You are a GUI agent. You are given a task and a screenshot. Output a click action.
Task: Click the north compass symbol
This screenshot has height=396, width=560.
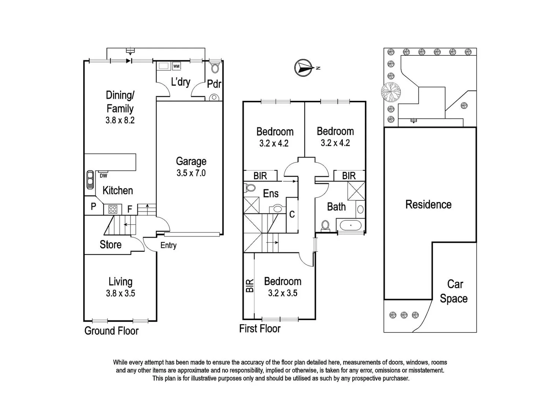(x=304, y=68)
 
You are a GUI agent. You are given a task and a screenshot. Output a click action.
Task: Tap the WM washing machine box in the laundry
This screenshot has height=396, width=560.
(x=176, y=66)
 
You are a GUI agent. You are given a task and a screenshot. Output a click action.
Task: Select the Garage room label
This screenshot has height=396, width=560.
(x=191, y=161)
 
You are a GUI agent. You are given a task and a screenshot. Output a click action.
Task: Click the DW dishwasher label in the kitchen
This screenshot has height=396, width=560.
(x=103, y=176)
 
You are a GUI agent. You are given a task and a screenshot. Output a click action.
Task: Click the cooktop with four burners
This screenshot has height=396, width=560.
(x=113, y=209)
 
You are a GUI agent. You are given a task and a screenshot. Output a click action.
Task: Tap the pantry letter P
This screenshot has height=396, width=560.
(x=93, y=206)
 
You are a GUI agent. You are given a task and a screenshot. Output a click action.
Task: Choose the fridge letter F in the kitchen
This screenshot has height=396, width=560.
(x=129, y=209)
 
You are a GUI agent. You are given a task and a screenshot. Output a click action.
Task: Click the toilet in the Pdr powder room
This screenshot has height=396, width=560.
(x=215, y=68)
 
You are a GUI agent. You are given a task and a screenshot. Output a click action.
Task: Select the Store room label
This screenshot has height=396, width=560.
(x=110, y=245)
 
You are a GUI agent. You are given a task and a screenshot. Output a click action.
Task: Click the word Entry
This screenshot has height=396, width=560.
(x=168, y=245)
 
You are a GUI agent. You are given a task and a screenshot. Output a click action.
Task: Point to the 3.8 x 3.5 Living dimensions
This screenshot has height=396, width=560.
(x=120, y=293)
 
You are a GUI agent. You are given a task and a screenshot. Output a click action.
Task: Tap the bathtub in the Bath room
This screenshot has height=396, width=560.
(x=351, y=225)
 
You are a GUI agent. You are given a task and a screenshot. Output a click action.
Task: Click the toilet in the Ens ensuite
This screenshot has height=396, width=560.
(x=250, y=188)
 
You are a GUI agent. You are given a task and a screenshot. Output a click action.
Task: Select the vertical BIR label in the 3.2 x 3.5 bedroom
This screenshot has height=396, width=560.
(x=249, y=286)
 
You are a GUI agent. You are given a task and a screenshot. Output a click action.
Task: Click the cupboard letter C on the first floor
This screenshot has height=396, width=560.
(x=292, y=214)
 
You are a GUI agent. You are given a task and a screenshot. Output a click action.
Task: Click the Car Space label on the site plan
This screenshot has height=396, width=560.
(x=454, y=291)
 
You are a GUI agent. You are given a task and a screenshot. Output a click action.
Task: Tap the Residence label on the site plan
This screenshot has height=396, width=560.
(x=428, y=205)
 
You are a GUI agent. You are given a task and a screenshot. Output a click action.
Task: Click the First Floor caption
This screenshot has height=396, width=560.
(x=259, y=329)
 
